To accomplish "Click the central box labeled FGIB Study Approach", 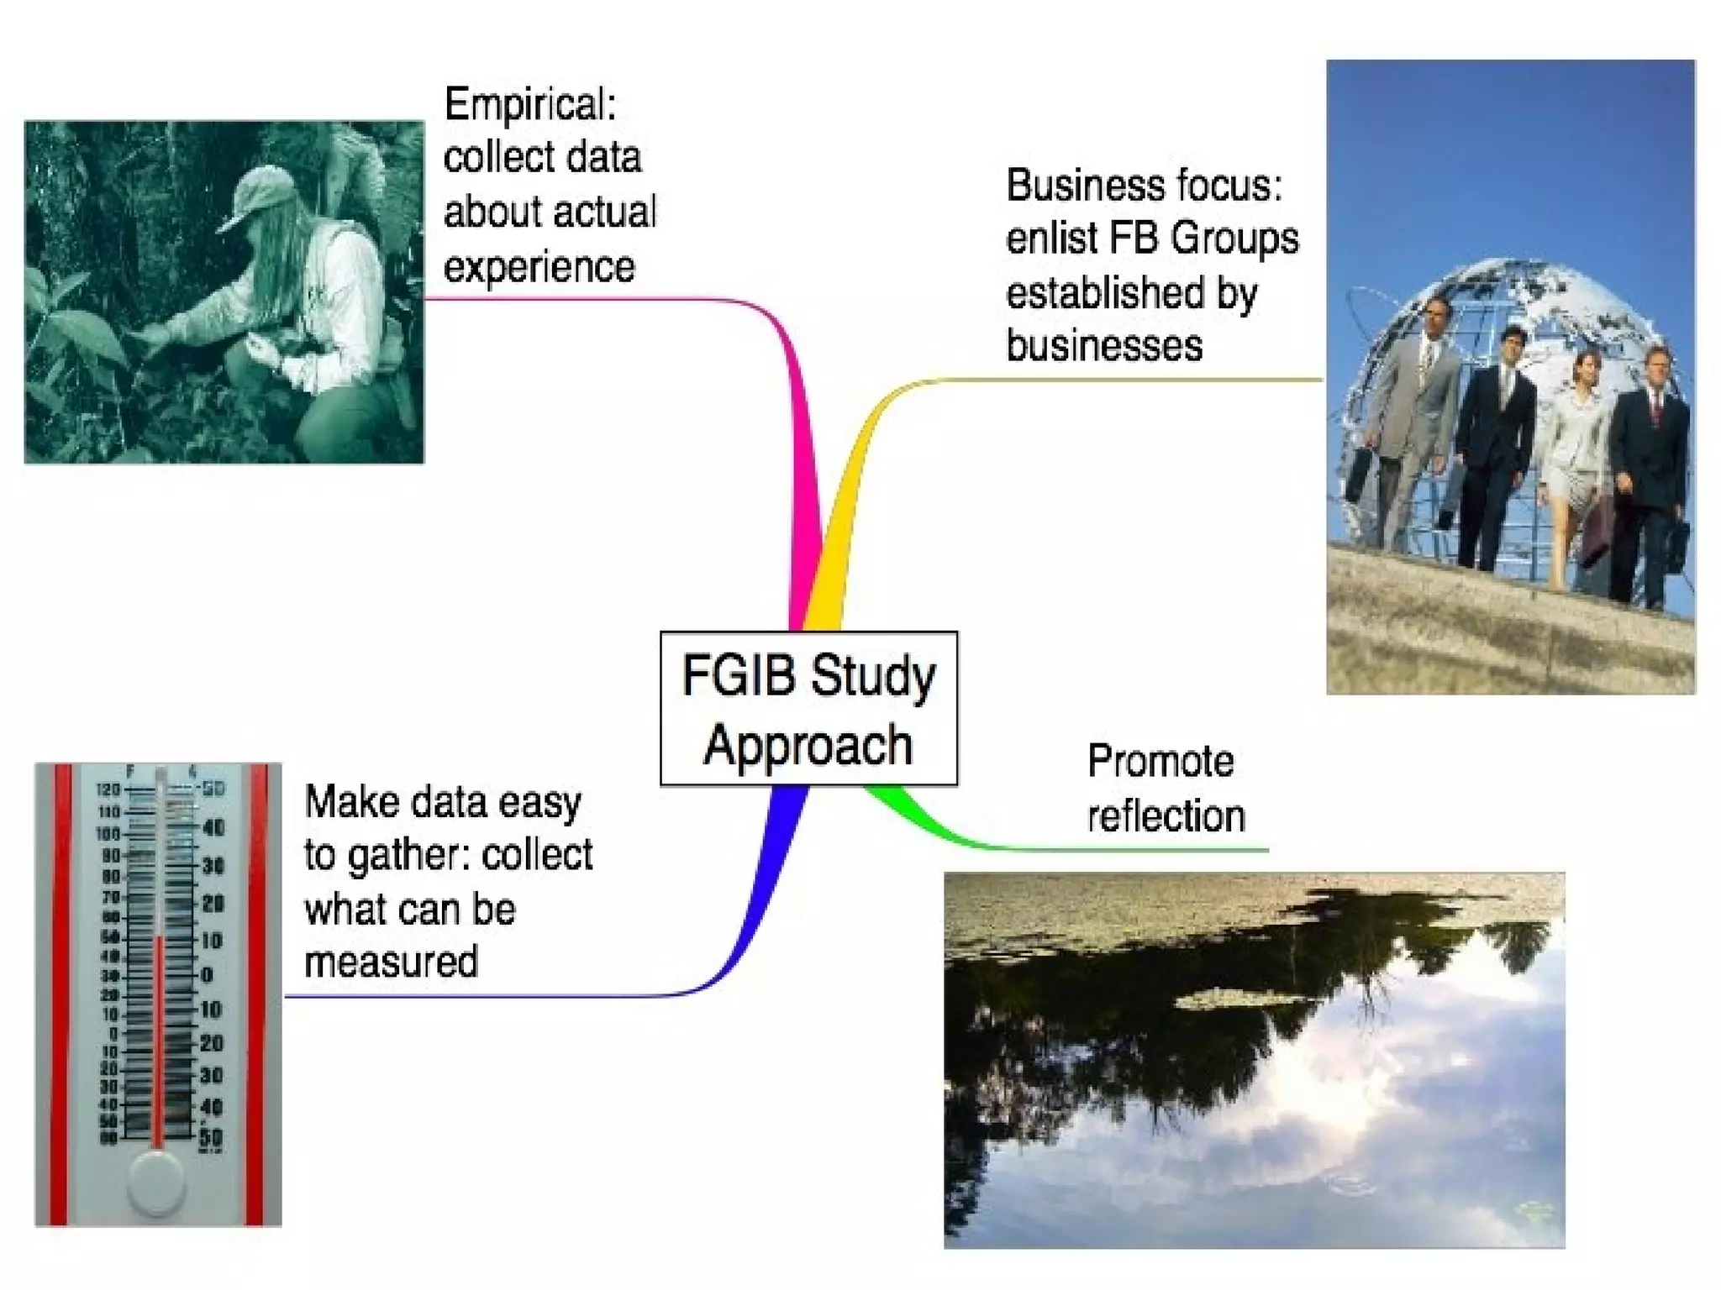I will [x=808, y=709].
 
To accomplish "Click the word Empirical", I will [x=530, y=105].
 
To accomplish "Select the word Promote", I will [x=1160, y=762].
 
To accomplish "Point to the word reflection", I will [x=1166, y=816].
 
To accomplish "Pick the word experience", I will [x=539, y=267].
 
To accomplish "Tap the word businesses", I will [x=1104, y=346].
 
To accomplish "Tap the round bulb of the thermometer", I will [x=157, y=1182].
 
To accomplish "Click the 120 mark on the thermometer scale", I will [x=109, y=790].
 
